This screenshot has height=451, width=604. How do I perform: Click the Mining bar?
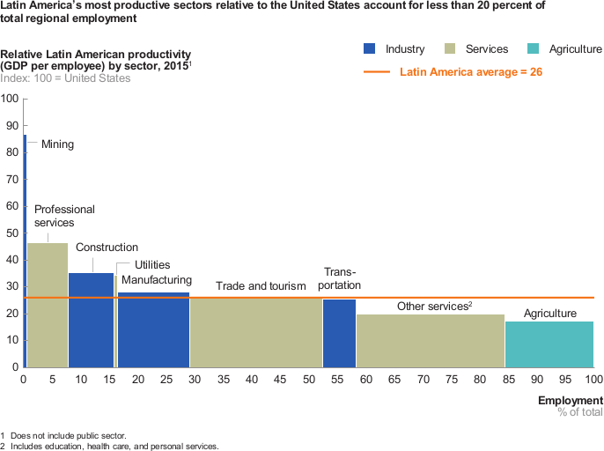(x=25, y=251)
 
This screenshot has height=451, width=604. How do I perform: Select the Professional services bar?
(x=48, y=305)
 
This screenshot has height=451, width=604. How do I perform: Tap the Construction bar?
(x=92, y=320)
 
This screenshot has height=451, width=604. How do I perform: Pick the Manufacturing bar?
(x=154, y=329)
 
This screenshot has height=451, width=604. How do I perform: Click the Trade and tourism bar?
(x=256, y=332)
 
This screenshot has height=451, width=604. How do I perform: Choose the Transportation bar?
(x=339, y=333)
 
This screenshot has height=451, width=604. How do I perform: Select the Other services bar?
(x=431, y=341)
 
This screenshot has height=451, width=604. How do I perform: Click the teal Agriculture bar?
(x=549, y=344)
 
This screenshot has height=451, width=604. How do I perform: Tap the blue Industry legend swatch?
(x=370, y=48)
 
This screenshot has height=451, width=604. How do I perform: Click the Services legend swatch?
(x=450, y=48)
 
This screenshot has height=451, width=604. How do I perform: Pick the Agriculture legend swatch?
(x=533, y=48)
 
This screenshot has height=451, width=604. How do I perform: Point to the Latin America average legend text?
(x=471, y=72)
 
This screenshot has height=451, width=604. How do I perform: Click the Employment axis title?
(x=571, y=401)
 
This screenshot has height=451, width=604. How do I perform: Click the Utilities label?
(x=152, y=265)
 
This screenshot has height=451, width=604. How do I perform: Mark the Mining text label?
(x=58, y=144)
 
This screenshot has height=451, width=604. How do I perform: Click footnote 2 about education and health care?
(x=109, y=446)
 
